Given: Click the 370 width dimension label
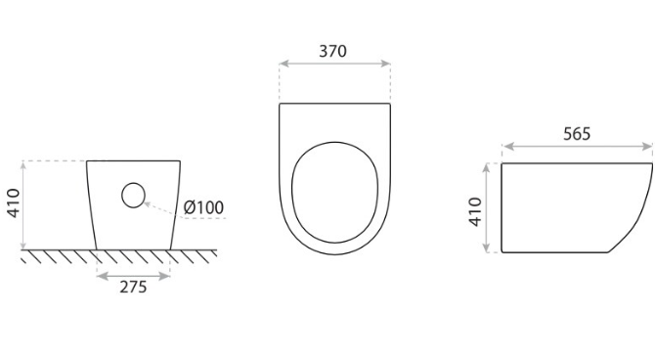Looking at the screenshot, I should pyautogui.click(x=333, y=51).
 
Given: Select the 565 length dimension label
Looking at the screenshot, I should pyautogui.click(x=577, y=134).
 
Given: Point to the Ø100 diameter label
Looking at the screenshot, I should pyautogui.click(x=203, y=207).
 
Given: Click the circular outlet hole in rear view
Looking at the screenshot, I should pyautogui.click(x=133, y=196).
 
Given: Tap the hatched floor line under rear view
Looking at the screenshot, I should pyautogui.click(x=117, y=255).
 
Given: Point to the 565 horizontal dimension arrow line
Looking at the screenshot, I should pyautogui.click(x=577, y=150).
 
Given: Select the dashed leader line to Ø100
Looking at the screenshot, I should pyautogui.click(x=161, y=207).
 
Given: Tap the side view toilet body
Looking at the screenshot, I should pyautogui.click(x=567, y=205).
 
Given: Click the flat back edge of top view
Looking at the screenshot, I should pyautogui.click(x=334, y=104).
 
